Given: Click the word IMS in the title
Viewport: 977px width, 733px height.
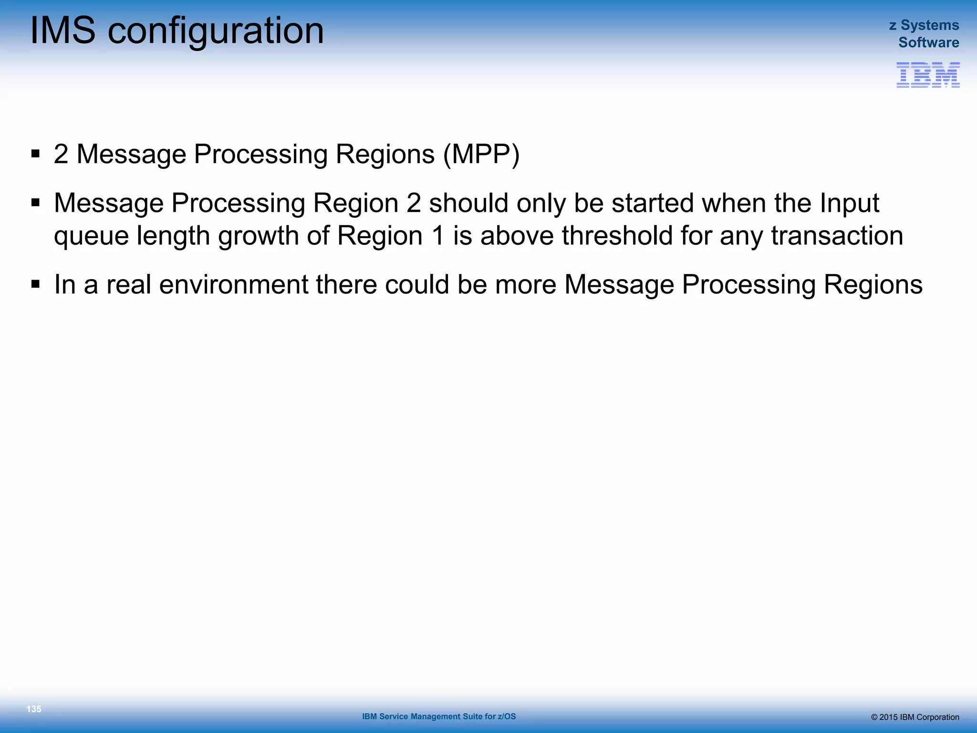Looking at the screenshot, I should coord(62,31).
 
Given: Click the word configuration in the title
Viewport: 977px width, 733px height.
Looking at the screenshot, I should coord(216,31).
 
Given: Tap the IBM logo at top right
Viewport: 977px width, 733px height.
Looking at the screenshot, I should coord(927,75).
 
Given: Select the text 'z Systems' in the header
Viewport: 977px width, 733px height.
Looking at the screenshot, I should coord(924,25).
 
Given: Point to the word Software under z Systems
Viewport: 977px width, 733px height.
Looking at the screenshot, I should coord(928,42).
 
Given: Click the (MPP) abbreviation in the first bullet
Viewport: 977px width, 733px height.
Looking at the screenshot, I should coord(481,155).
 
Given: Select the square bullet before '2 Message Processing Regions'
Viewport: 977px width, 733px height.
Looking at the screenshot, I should coord(35,154).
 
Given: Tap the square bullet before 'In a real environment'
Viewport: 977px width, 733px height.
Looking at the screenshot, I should coord(35,284).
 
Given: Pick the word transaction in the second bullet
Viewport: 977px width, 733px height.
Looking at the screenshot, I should coord(837,236).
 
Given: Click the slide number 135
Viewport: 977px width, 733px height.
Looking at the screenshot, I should coord(34,709).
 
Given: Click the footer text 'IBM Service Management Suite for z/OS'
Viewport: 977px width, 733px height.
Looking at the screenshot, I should coord(439,716).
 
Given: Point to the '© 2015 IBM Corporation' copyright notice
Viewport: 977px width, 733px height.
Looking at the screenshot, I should coord(915,717).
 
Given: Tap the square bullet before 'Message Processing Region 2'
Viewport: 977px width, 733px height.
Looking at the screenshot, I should coord(35,203).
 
